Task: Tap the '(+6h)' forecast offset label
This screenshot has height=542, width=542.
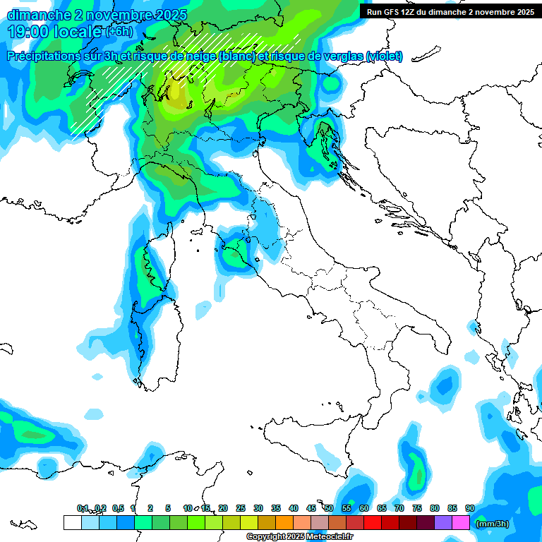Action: (x=119, y=32)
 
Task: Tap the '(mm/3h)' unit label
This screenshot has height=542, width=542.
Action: (x=492, y=524)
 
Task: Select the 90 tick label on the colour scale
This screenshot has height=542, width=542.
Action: (x=469, y=508)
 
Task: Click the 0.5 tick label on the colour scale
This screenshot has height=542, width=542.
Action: (x=118, y=508)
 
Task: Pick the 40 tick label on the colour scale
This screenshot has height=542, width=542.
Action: (x=294, y=508)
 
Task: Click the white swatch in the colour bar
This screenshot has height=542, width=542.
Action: (x=72, y=523)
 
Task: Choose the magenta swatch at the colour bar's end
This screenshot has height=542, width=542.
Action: (x=461, y=523)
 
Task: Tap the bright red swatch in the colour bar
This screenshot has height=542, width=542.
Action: (x=373, y=523)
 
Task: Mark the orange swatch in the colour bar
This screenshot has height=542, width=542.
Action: (x=284, y=523)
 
